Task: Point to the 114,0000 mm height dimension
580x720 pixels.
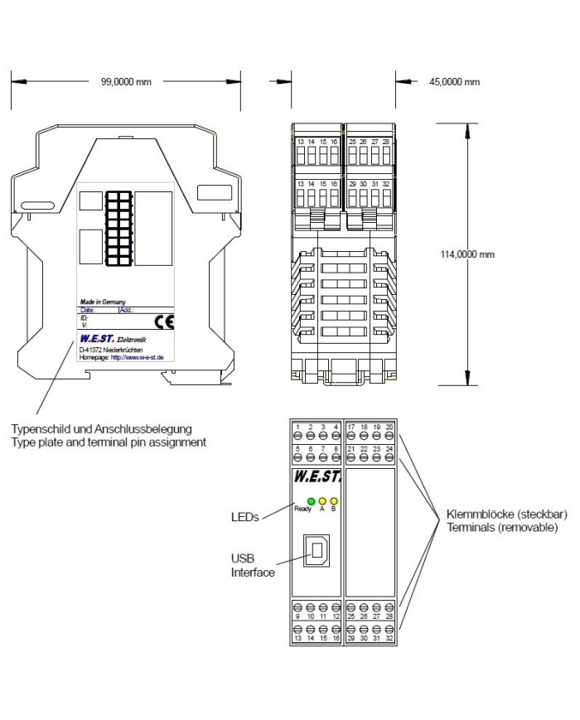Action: click(467, 254)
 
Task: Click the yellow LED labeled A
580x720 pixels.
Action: click(322, 500)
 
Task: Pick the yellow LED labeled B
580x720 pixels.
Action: click(333, 500)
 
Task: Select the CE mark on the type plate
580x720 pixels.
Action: click(165, 322)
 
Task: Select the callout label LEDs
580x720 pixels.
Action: click(245, 516)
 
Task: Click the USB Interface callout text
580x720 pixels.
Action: click(253, 565)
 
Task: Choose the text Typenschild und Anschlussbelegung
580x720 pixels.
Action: click(101, 429)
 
